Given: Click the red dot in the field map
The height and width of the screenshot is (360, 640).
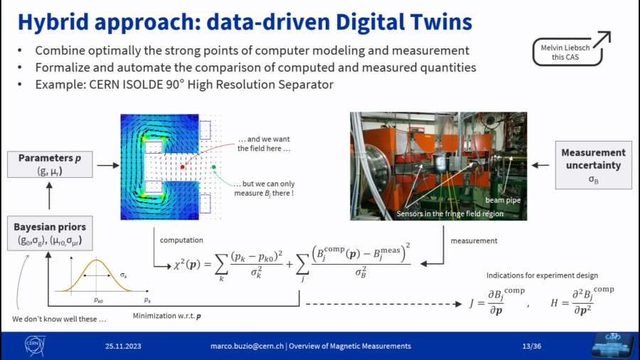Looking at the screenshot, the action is (183, 167).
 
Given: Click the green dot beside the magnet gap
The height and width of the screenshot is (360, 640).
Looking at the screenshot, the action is (213, 167).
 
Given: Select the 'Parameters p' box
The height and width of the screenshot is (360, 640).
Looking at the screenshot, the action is (50, 164).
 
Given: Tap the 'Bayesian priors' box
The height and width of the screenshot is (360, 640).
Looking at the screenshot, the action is (50, 233).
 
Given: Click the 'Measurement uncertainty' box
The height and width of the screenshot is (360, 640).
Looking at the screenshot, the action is (593, 165).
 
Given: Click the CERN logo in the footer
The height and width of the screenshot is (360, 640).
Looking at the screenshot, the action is (35, 346).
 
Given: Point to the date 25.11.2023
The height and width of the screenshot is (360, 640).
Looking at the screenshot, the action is (123, 346).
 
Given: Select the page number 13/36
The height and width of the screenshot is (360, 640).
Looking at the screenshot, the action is (531, 346).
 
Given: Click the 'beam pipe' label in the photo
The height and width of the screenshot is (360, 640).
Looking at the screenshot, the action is (503, 200).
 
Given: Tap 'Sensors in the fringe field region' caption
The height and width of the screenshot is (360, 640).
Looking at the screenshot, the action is (450, 213).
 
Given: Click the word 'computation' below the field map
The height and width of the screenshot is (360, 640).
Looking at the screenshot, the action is (181, 240).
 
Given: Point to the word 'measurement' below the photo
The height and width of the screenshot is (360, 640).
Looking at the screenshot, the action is (474, 240).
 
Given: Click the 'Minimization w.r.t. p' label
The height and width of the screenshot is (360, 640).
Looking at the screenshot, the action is (166, 315).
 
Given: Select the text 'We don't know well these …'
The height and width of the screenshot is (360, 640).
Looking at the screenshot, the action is (59, 319).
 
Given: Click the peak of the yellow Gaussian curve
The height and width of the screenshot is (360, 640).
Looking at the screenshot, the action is (96, 260).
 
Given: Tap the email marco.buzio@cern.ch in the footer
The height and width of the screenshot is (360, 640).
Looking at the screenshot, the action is (247, 346).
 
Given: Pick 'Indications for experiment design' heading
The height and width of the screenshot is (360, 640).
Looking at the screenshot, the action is (542, 275).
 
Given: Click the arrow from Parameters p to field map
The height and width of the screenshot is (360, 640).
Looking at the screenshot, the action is (108, 165).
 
